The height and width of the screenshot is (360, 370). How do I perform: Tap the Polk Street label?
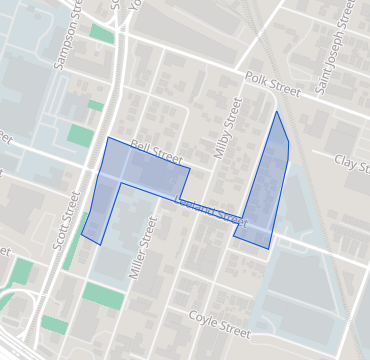click(271, 83)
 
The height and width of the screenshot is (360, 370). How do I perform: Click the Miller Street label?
click(143, 250)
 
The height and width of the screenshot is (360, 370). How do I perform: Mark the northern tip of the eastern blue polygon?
click(277, 111)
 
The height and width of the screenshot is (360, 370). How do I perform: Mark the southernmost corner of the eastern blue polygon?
click(268, 248)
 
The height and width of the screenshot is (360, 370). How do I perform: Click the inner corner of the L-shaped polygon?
click(123, 183)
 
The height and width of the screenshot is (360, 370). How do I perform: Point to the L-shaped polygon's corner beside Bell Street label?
click(189, 167)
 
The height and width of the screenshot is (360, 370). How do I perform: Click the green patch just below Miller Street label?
click(104, 295)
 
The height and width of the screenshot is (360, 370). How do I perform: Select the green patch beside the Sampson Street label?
click(101, 32)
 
